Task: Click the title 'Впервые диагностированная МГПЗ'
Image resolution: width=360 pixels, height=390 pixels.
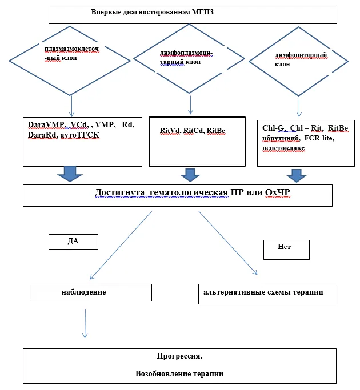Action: pyautogui.click(x=153, y=12)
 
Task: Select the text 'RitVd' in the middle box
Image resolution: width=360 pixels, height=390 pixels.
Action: pyautogui.click(x=170, y=131)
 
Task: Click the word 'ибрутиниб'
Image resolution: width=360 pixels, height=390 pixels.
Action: pyautogui.click(x=281, y=138)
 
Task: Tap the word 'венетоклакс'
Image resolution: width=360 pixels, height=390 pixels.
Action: pyautogui.click(x=283, y=148)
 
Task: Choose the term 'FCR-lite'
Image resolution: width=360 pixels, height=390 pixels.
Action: pyautogui.click(x=319, y=138)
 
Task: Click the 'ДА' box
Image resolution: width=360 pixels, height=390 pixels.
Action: pyautogui.click(x=74, y=242)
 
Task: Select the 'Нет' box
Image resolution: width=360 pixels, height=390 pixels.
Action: pyautogui.click(x=286, y=250)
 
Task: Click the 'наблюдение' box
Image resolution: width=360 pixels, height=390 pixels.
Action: pyautogui.click(x=91, y=293)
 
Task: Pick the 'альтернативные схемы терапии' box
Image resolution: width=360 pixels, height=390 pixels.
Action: pyautogui.click(x=267, y=294)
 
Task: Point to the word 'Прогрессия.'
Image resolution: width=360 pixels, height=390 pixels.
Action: pyautogui.click(x=179, y=356)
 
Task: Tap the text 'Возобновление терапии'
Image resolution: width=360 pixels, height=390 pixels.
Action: pyautogui.click(x=179, y=373)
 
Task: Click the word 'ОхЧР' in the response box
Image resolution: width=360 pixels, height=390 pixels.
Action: pyautogui.click(x=277, y=192)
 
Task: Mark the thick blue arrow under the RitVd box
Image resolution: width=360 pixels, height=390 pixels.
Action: pyautogui.click(x=190, y=175)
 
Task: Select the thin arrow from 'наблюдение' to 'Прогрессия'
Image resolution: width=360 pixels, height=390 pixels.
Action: pyautogui.click(x=85, y=324)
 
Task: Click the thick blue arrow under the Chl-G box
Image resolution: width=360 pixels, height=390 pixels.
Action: pyautogui.click(x=296, y=176)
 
